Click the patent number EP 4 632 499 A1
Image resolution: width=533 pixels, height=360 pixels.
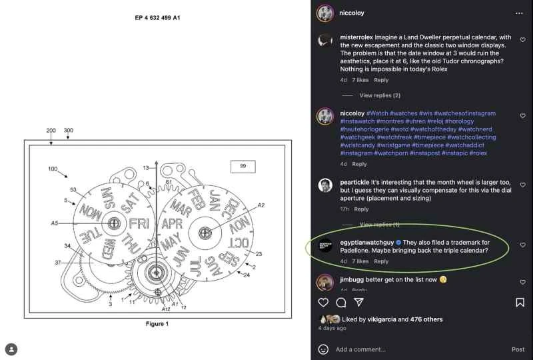[x=157, y=17]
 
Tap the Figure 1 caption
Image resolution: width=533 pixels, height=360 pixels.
[x=157, y=324]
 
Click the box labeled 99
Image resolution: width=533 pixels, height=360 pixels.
[x=243, y=166]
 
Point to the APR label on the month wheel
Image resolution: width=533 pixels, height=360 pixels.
[x=173, y=223]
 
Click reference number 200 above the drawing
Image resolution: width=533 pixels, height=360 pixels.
[x=51, y=131]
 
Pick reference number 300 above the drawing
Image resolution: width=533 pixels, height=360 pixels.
[x=68, y=131]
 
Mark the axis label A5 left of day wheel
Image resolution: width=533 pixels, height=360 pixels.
[x=55, y=223]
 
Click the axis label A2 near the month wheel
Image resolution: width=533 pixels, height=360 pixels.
[x=261, y=205]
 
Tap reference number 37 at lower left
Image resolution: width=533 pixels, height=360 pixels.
[x=58, y=262]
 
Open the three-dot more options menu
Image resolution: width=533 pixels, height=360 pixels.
[x=519, y=13]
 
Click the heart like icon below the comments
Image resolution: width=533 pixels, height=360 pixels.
[x=323, y=303]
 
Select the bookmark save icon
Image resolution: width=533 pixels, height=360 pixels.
[x=520, y=303]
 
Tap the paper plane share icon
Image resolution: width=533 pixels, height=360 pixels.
[x=358, y=303]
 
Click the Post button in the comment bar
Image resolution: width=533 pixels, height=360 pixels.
[x=518, y=349]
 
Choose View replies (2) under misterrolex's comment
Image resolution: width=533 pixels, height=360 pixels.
[x=380, y=95]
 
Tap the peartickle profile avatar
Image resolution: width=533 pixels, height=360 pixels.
[x=325, y=185]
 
